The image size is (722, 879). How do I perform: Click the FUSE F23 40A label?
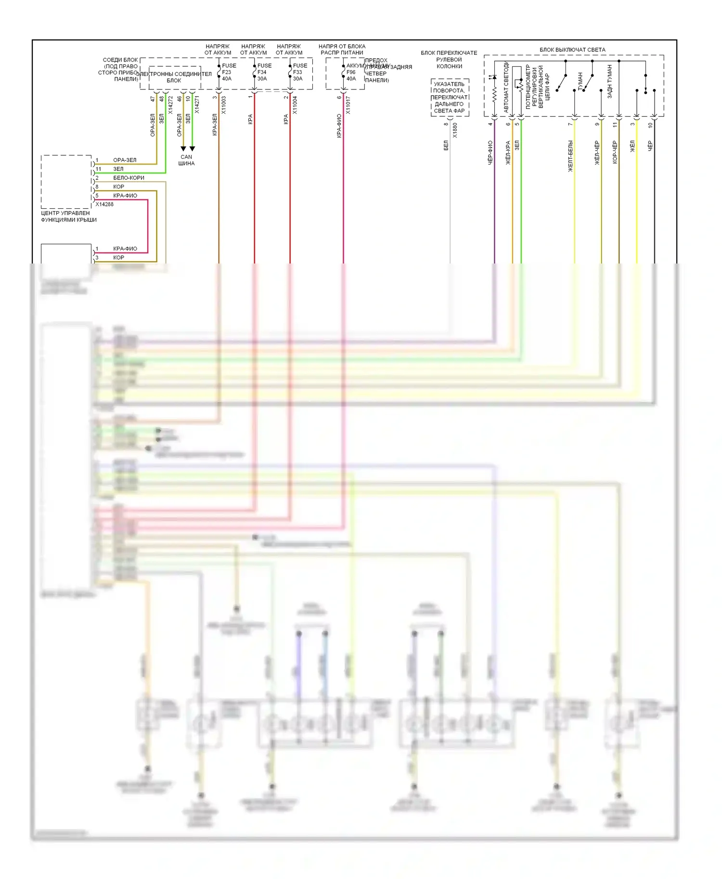coord(228,72)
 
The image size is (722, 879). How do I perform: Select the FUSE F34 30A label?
coord(264,72)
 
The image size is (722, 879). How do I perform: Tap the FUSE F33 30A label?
coord(299,72)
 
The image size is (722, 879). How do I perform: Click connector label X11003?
coord(223,105)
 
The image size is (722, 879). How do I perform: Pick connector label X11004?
coord(295,105)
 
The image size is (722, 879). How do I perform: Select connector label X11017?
coord(348,105)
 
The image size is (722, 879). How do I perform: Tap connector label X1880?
coord(455,130)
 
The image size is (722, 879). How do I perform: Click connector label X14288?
coord(104,204)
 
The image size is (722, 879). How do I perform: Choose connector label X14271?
coord(197,105)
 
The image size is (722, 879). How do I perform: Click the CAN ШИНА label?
coord(186,160)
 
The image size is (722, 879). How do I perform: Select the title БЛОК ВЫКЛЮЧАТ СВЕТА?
coord(572,50)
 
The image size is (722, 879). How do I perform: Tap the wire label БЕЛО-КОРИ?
coord(129,178)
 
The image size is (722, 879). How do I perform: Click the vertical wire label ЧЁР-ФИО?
coord(490,153)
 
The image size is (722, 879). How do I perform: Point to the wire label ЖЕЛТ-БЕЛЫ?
coord(570,156)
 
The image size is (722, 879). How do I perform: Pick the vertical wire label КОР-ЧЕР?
coord(615,152)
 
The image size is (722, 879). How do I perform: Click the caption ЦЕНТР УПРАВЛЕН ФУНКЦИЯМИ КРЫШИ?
coord(68,216)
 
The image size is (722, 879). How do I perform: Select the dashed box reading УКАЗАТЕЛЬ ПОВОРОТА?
coord(450,98)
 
